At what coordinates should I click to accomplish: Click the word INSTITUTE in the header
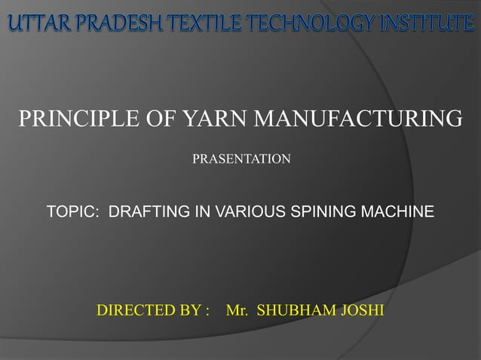point(419,25)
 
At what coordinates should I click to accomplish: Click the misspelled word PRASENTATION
point(241,160)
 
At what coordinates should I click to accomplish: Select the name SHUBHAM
point(292,310)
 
